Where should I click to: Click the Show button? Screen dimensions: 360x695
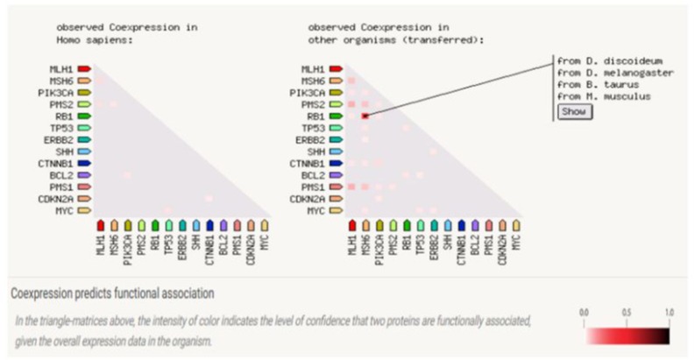click(576, 111)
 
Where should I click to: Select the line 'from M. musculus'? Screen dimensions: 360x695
click(604, 96)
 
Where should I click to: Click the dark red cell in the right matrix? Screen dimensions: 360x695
click(364, 116)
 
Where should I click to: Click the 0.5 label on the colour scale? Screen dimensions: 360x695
click(626, 312)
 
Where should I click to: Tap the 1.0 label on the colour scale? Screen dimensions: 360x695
click(669, 312)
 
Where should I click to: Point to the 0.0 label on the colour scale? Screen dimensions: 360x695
click(585, 312)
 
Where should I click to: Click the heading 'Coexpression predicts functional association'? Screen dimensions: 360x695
click(111, 293)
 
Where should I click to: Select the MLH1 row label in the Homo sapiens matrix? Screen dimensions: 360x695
click(63, 68)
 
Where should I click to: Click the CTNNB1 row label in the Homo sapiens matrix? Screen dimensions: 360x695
click(59, 163)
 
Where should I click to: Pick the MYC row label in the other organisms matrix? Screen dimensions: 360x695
click(313, 211)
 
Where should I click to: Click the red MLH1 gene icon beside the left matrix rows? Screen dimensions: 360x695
click(85, 68)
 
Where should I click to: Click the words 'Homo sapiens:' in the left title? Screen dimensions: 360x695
click(92, 39)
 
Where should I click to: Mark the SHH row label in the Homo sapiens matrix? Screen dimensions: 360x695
click(65, 152)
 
